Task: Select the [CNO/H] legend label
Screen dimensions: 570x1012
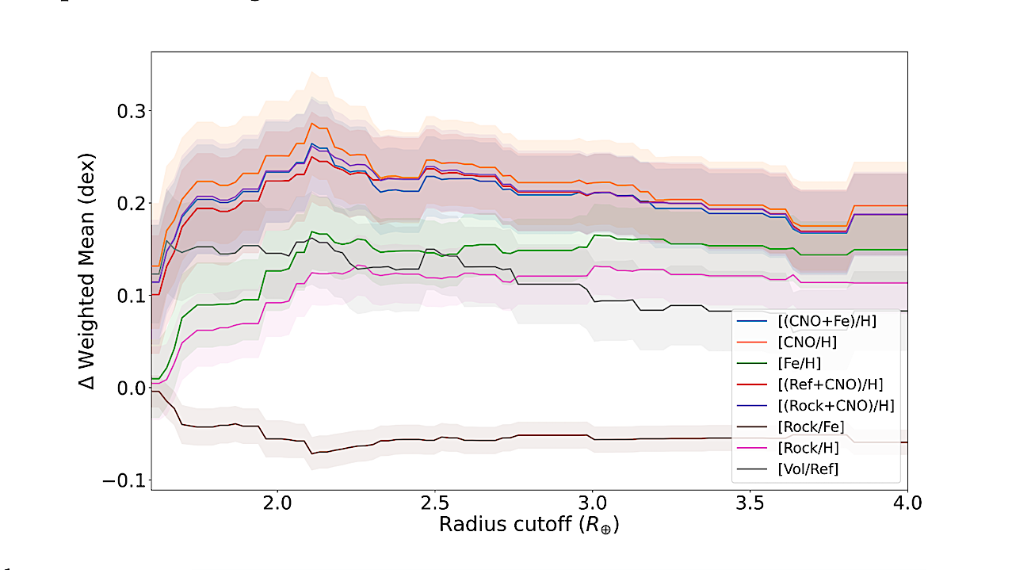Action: click(806, 342)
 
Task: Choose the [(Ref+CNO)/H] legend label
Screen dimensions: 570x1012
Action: click(830, 384)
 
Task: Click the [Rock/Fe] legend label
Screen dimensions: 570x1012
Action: click(811, 427)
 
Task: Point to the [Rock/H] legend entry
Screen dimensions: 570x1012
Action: click(808, 448)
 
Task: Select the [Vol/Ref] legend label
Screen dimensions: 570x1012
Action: click(808, 469)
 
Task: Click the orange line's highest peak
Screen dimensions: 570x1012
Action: click(313, 123)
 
